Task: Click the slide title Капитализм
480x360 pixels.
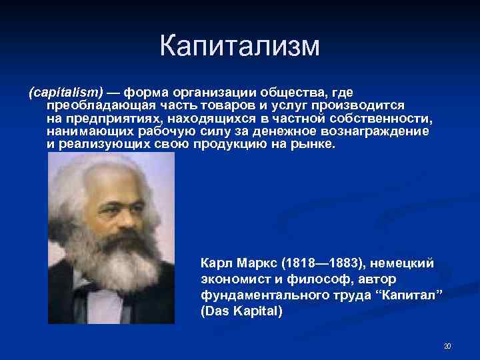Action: pyautogui.click(x=240, y=46)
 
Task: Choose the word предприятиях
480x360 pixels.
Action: pyautogui.click(x=107, y=118)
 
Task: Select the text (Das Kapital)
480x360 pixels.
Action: pyautogui.click(x=241, y=311)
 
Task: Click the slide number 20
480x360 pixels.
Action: pyautogui.click(x=447, y=346)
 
